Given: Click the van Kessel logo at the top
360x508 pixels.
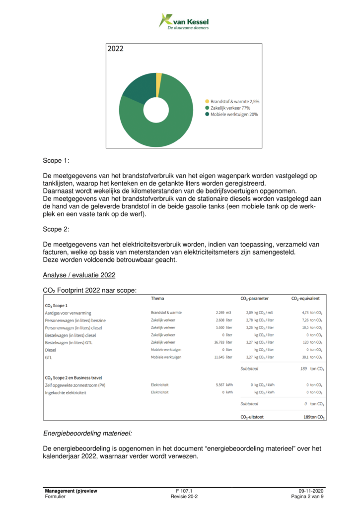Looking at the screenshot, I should (x=183, y=22).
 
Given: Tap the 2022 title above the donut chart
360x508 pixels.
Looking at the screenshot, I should (x=116, y=49).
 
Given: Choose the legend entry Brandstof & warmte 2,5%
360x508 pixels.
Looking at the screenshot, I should (x=234, y=101).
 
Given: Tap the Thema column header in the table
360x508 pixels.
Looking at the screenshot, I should (x=157, y=299).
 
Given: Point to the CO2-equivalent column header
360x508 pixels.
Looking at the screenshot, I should (x=305, y=299).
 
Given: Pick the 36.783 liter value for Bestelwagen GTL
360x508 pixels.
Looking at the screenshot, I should (x=222, y=342).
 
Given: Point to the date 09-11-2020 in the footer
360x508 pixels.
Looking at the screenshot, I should (x=310, y=490).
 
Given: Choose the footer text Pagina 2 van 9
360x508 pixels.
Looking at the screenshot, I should (x=307, y=496).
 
